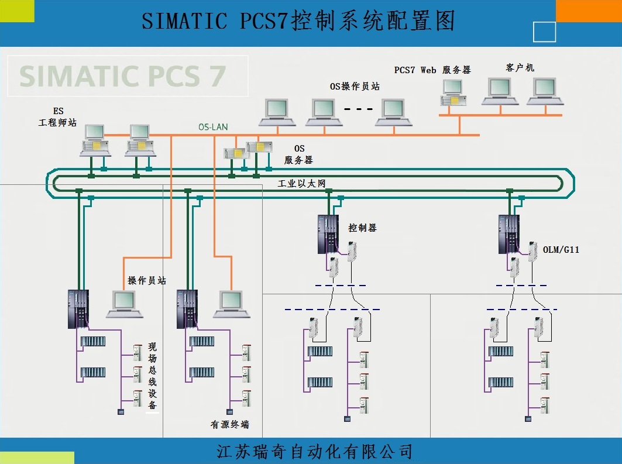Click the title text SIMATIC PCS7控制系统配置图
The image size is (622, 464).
(298, 22)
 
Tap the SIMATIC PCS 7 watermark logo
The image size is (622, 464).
(122, 75)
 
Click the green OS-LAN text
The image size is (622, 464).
(213, 126)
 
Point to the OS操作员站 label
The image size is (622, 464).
(355, 87)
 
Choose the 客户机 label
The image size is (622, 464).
(520, 68)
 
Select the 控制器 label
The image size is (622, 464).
(363, 228)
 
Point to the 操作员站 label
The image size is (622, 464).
(147, 281)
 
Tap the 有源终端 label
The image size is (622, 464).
(229, 424)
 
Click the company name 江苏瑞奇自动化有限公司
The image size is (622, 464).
(314, 451)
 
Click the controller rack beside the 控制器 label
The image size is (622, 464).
(328, 234)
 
